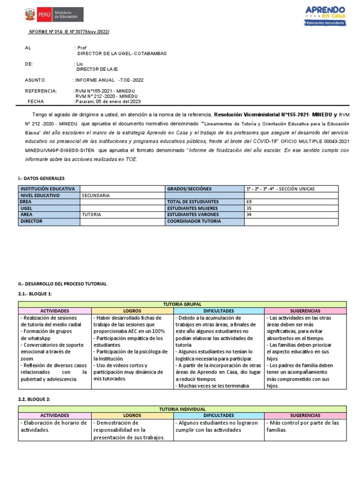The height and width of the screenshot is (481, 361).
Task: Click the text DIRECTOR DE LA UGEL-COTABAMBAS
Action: [122, 54]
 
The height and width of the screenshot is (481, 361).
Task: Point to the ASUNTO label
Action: [35, 80]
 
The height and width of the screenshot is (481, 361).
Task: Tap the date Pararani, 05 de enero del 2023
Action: [108, 101]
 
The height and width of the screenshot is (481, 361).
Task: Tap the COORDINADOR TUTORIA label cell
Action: [194, 221]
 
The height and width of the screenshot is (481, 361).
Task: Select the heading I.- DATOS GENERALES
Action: [41, 178]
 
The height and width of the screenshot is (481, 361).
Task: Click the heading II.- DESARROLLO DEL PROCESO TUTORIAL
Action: [62, 284]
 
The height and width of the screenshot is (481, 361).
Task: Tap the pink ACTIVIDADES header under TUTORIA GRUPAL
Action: [55, 311]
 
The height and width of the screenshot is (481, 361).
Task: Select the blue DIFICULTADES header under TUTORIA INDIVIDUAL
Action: [219, 416]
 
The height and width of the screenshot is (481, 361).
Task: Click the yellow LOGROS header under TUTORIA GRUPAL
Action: [132, 311]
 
